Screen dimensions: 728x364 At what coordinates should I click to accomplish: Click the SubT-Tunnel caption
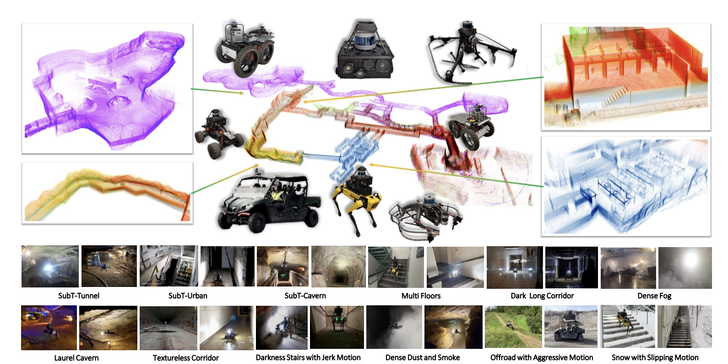coord(79,296)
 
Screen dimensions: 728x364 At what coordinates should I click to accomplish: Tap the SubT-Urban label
coord(188,296)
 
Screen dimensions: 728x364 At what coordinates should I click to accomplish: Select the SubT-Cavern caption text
coord(305,296)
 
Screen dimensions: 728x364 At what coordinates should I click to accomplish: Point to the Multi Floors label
coord(421,296)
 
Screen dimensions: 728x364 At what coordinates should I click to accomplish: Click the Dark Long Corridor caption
coord(542,296)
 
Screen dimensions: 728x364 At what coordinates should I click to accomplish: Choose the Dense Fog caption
coord(654,296)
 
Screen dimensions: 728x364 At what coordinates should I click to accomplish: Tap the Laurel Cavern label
coord(76,358)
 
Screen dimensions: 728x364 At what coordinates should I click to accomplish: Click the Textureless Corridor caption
coord(185,358)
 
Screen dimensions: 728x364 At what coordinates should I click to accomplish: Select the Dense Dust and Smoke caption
coord(423,358)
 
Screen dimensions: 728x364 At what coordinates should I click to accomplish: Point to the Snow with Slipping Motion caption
coord(655,358)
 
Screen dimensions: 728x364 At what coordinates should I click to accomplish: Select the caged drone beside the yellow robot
coord(424,218)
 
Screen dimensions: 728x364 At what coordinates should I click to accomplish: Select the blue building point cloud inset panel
coord(626,186)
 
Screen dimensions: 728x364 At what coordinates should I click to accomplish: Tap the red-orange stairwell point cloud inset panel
coord(626,77)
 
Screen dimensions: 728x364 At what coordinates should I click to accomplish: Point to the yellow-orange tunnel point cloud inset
coord(107,193)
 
